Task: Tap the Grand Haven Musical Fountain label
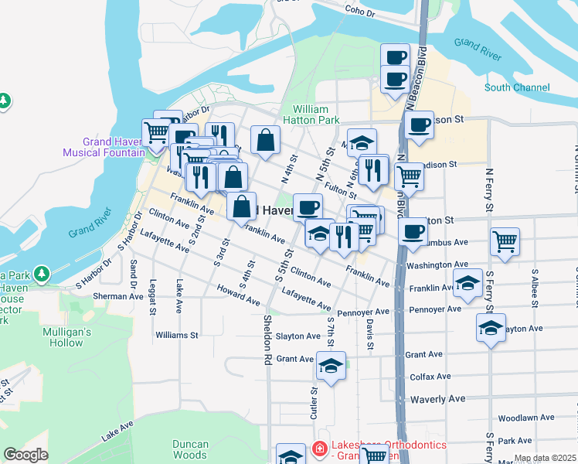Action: [114, 147]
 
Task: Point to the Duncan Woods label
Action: [190, 449]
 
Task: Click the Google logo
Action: [25, 455]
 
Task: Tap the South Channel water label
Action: [517, 87]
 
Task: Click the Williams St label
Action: [177, 336]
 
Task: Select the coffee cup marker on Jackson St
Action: [419, 125]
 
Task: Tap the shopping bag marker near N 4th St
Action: [265, 140]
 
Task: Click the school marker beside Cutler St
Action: [331, 366]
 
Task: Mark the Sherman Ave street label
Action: [98, 296]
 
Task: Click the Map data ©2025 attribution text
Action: [546, 459]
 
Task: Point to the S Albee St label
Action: [534, 287]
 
